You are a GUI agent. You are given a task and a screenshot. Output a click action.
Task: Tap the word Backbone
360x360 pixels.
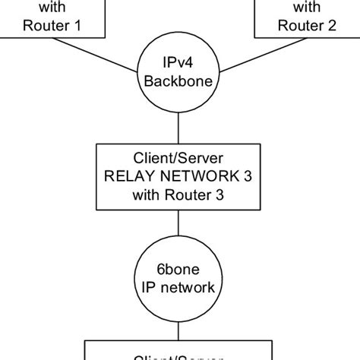(178, 80)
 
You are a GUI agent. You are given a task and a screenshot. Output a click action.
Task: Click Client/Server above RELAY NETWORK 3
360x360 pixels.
(178, 160)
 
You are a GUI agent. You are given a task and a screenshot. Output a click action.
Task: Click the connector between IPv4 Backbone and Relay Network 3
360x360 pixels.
(178, 123)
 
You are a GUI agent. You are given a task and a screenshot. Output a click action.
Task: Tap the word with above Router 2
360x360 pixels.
(306, 7)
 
